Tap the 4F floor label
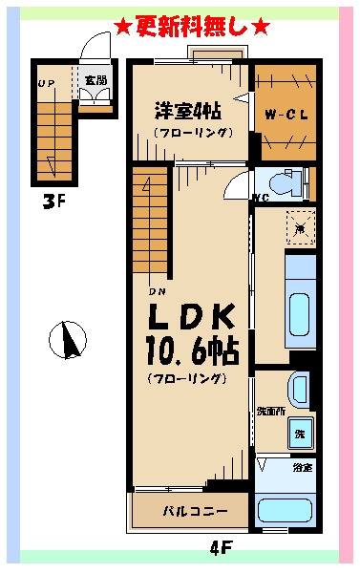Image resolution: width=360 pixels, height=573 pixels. (x=221, y=549)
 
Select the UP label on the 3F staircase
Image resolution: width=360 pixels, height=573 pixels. (x=45, y=82)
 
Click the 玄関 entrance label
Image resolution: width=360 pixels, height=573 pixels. (x=95, y=80)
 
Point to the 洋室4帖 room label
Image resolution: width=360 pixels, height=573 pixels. (x=188, y=110)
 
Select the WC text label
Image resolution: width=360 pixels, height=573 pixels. (x=259, y=199)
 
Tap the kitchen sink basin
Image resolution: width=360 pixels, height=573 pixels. (x=300, y=309)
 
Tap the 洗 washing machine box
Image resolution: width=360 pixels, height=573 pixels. (x=301, y=431)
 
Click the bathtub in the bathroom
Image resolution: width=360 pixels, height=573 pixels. (x=286, y=508)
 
